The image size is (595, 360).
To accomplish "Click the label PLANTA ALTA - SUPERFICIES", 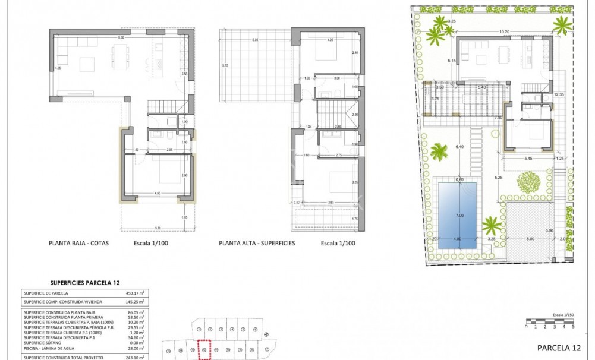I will pos(257,243).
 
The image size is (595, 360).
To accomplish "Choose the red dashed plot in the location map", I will pos(204,349).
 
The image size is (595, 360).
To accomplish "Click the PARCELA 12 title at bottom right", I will pos(558,348).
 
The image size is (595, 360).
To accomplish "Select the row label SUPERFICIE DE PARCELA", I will pos(46,293).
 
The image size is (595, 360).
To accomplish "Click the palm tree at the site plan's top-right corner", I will pos(562,25).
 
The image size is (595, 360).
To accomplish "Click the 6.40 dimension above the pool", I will pos(459,146).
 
